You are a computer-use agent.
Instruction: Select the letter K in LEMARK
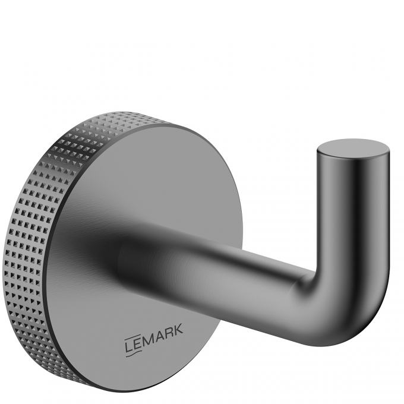(178, 329)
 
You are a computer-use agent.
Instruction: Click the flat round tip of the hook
(353, 149)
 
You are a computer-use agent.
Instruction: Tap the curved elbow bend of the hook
(355, 309)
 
